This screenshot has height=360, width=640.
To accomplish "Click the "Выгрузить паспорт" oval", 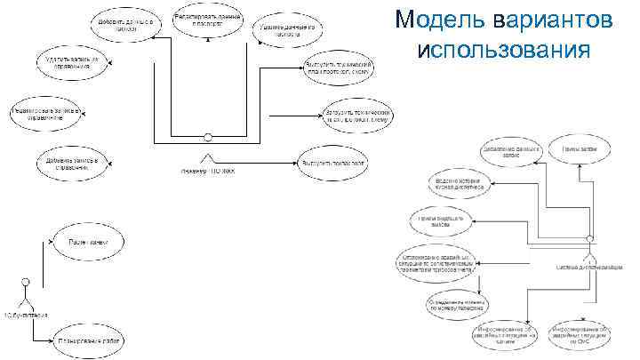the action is point(333,164).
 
